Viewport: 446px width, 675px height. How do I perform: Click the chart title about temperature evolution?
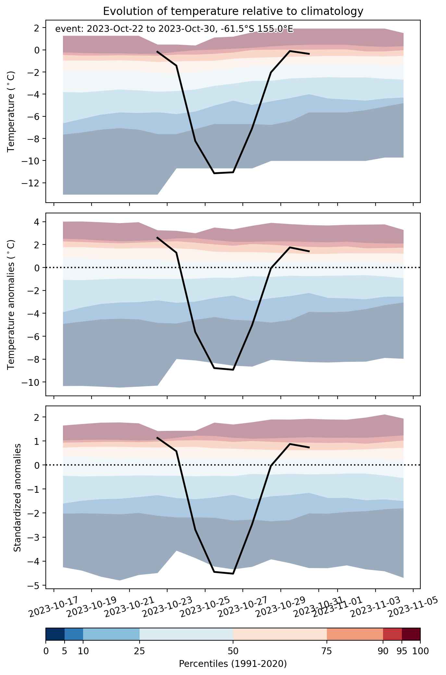pyautogui.click(x=233, y=11)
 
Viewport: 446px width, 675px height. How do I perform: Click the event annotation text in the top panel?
pyautogui.click(x=174, y=29)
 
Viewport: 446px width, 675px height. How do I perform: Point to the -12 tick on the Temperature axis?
pyautogui.click(x=31, y=183)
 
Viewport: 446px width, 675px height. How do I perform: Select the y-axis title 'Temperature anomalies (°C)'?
pyautogui.click(x=11, y=304)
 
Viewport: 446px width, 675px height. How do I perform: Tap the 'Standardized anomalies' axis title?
pyautogui.click(x=18, y=497)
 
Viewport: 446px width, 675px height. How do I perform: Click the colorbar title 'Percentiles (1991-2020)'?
pyautogui.click(x=233, y=664)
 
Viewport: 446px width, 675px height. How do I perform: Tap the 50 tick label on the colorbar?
pyautogui.click(x=233, y=651)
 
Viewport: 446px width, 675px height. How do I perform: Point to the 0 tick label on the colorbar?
pyautogui.click(x=46, y=651)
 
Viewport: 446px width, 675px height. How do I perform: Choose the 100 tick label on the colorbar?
pyautogui.click(x=420, y=651)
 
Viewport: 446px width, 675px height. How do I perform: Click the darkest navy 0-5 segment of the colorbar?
pyautogui.click(x=55, y=634)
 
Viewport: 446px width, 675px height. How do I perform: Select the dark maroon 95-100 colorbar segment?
pyautogui.click(x=411, y=634)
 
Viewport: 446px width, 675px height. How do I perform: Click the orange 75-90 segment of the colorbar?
pyautogui.click(x=355, y=634)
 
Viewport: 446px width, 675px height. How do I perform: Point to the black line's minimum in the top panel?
pyautogui.click(x=214, y=173)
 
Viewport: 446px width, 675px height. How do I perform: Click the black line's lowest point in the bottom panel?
pyautogui.click(x=233, y=574)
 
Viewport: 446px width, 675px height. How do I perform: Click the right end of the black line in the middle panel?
pyautogui.click(x=309, y=251)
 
